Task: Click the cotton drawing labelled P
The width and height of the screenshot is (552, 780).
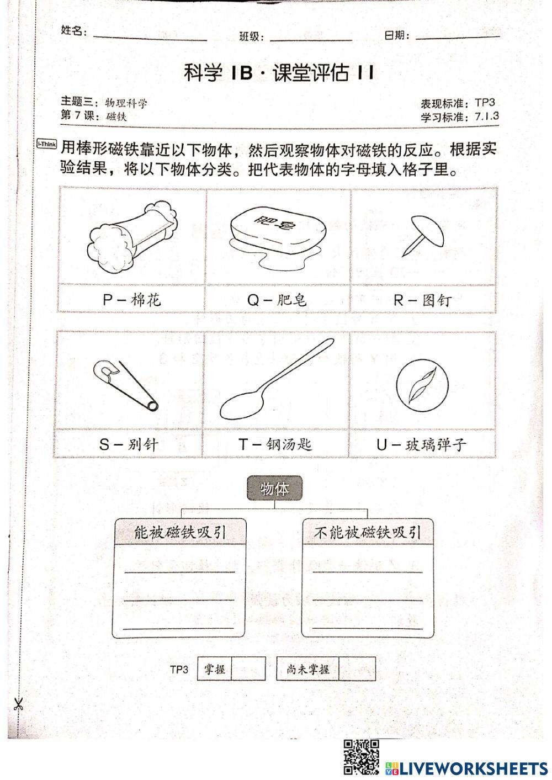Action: [x=132, y=237]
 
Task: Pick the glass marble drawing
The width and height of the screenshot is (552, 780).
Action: [x=422, y=384]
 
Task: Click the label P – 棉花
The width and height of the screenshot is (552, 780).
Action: [x=131, y=300]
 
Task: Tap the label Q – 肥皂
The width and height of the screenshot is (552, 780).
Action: [x=277, y=300]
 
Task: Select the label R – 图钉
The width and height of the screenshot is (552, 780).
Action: [x=422, y=300]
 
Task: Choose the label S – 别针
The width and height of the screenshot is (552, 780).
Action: [x=129, y=444]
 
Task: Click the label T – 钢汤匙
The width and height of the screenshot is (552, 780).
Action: [x=275, y=444]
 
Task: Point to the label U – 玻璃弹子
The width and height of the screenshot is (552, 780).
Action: [x=422, y=444]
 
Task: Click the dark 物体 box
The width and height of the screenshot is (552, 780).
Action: [x=274, y=489]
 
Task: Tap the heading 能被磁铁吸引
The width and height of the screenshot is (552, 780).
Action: [x=180, y=532]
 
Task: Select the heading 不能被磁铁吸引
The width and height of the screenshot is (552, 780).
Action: [x=368, y=532]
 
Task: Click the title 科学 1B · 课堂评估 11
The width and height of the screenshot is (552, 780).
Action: [x=279, y=73]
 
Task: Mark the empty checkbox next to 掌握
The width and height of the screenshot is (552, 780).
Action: [x=248, y=669]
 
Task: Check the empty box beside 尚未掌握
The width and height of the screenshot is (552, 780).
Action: [x=357, y=669]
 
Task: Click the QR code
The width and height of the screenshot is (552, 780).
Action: [x=362, y=757]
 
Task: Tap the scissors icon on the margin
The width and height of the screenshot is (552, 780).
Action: [x=18, y=704]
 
